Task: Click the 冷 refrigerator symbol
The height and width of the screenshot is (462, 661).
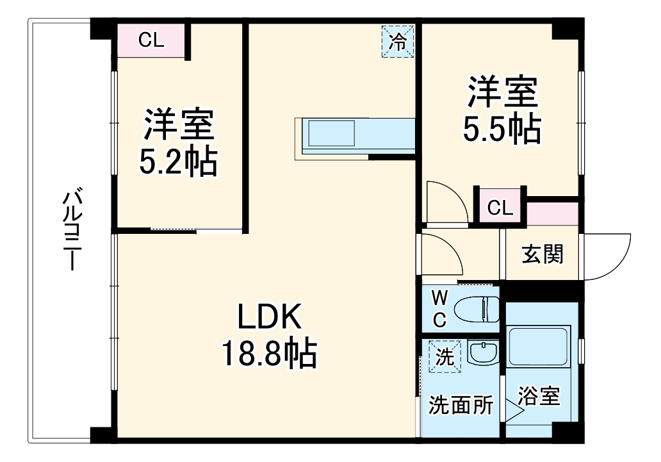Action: coord(398,42)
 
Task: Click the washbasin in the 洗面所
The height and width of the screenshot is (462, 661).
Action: coord(482,352)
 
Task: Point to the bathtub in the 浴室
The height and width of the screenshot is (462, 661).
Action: coord(539,346)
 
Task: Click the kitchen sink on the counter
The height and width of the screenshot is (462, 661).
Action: coord(332,135)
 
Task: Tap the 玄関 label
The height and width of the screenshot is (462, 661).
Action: coord(543,254)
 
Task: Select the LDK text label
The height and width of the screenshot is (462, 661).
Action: coord(269,317)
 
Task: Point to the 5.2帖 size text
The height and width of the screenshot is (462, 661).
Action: coord(178,162)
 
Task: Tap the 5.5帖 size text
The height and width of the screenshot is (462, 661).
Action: coord(502,129)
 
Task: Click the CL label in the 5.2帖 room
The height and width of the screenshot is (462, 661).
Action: coord(152,40)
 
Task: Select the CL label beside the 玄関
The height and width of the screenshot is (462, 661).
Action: coord(500,208)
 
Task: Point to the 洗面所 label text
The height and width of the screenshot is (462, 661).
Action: coord(461,405)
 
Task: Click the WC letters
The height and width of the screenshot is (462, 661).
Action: coord(440,309)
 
